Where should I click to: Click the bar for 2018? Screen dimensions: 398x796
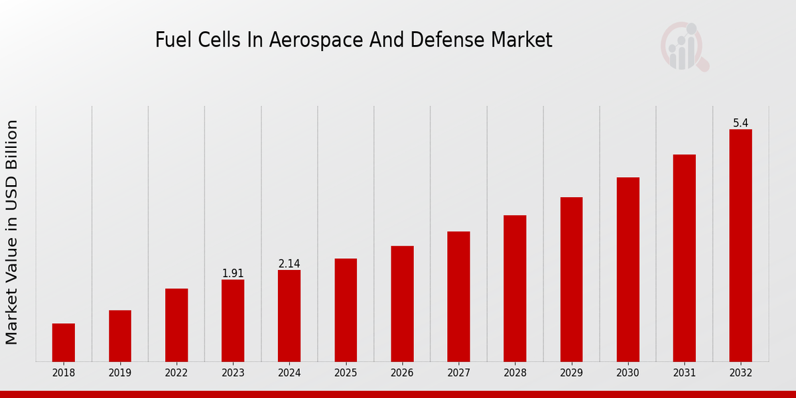pos(64,342)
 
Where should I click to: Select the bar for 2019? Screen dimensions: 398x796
pos(120,336)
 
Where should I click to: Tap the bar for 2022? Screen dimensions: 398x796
pos(176,325)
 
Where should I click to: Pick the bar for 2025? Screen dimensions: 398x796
pos(346,310)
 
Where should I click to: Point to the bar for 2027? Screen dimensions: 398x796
pos(458,297)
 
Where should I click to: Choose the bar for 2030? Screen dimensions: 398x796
pos(628,269)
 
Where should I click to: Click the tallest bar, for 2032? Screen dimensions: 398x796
pos(740,245)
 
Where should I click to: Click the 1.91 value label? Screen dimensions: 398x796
pos(233,273)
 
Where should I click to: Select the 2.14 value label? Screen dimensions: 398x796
pos(289,264)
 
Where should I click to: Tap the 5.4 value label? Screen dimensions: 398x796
pos(740,123)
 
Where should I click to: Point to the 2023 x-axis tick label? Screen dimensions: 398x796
pos(233,373)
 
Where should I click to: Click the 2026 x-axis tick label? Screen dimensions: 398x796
pos(402,373)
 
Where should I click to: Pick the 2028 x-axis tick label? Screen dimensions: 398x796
pos(515,373)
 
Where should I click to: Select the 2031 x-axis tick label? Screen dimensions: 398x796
pos(684,373)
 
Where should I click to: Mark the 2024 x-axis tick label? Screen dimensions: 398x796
pos(289,373)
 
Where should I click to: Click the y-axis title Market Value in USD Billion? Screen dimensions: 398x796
pos(12,232)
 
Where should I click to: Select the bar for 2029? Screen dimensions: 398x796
pos(571,279)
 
